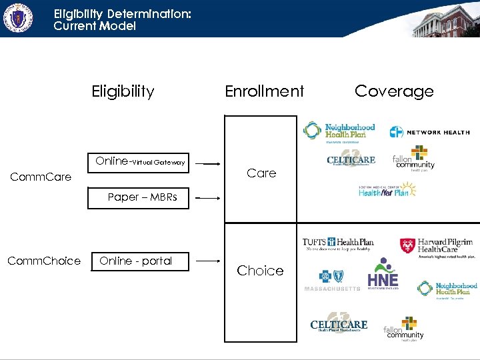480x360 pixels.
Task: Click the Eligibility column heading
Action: pyautogui.click(x=123, y=91)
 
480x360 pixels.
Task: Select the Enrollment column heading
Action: pyautogui.click(x=264, y=91)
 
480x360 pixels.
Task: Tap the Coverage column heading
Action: pyautogui.click(x=394, y=91)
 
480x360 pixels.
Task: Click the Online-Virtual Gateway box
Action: pyautogui.click(x=139, y=161)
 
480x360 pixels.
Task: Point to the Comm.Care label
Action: pyautogui.click(x=41, y=177)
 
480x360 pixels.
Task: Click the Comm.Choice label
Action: pyautogui.click(x=44, y=261)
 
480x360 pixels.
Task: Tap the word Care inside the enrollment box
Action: pyautogui.click(x=261, y=173)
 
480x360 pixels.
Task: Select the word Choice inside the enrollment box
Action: pyautogui.click(x=260, y=271)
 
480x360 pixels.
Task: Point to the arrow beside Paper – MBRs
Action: pyautogui.click(x=209, y=198)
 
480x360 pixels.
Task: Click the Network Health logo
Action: pyautogui.click(x=429, y=132)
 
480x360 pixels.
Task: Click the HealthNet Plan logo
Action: pyautogui.click(x=387, y=191)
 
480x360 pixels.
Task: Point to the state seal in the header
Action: pyautogui.click(x=18, y=17)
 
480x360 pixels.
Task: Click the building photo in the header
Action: pyautogui.click(x=445, y=20)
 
